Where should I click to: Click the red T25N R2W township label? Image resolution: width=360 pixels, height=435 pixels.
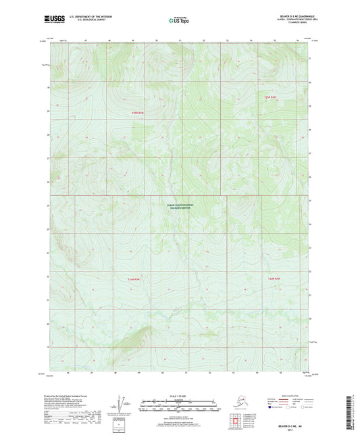[137, 113]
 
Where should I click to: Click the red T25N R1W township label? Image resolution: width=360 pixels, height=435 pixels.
[270, 99]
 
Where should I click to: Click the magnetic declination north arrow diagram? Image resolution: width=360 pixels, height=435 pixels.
[124, 404]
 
